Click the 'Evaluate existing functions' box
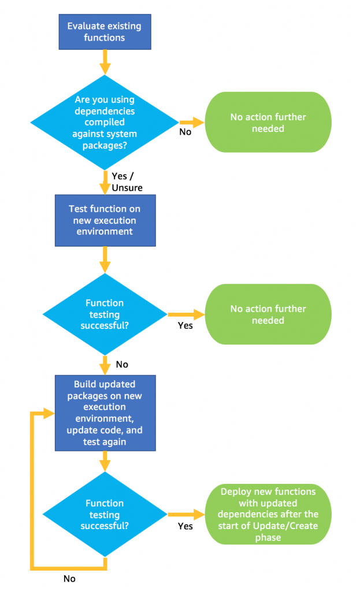click(105, 32)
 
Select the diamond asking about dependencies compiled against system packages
click(105, 122)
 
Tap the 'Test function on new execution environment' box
click(105, 220)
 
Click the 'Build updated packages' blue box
click(105, 413)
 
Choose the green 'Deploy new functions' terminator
click(269, 514)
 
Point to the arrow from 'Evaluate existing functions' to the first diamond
click(105, 61)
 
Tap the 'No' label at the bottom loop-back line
click(70, 578)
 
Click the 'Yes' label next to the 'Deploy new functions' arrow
click(185, 526)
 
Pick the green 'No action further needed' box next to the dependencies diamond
click(268, 123)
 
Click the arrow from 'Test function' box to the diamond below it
click(105, 259)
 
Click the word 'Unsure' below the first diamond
click(127, 187)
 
